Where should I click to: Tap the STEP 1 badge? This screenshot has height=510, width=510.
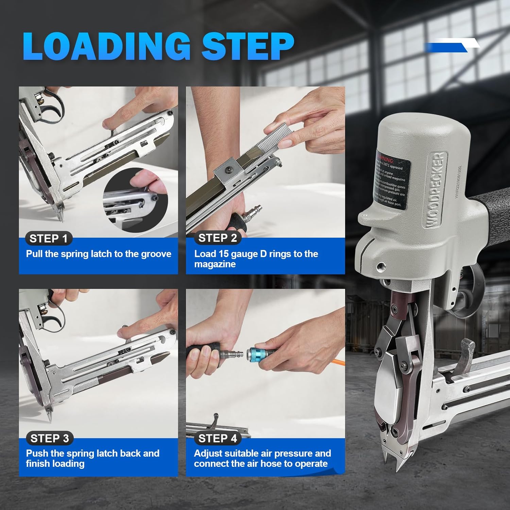49,239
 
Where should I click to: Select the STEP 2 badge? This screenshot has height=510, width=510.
218,238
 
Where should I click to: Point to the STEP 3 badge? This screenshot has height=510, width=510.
50,438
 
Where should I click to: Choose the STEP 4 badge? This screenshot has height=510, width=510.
218,438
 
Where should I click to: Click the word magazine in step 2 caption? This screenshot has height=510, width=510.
215,264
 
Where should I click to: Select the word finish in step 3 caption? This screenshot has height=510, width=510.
38,463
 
